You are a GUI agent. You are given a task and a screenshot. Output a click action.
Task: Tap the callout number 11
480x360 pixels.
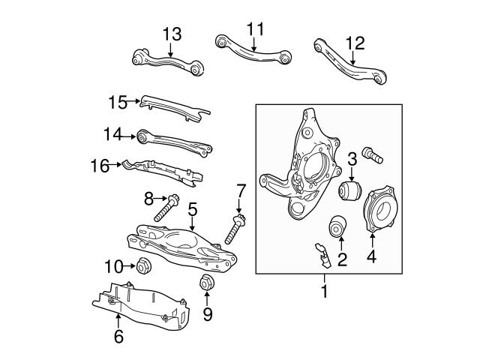[256, 29]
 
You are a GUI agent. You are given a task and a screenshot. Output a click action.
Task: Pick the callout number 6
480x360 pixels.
[118, 337]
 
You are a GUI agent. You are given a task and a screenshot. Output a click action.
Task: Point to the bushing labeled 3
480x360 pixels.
[350, 190]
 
